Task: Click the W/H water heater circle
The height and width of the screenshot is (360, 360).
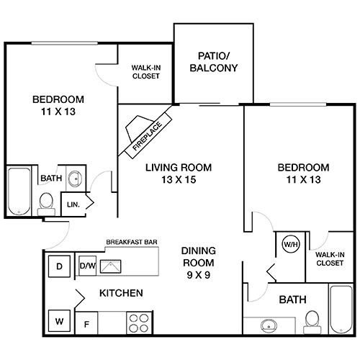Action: coord(291,243)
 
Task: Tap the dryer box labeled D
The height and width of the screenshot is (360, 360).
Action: coord(60,266)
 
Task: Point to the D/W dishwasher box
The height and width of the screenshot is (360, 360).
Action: coord(88,266)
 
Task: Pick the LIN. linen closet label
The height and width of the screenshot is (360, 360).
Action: coord(73,204)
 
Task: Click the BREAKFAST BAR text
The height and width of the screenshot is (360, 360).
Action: coord(132,243)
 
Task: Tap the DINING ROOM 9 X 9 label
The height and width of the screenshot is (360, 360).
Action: coord(198,262)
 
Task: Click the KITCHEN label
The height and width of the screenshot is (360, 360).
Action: coord(121,293)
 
